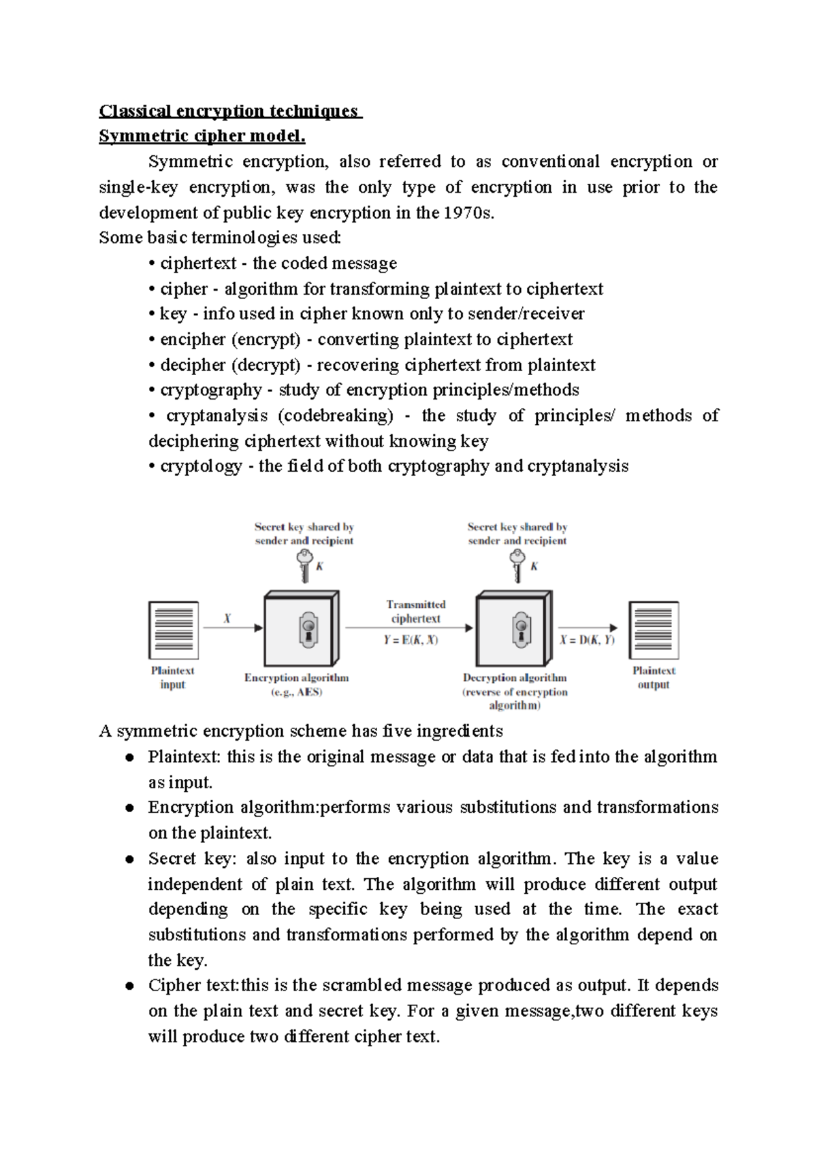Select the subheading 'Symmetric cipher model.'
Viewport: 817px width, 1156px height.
pos(202,136)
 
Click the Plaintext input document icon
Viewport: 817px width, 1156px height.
pos(174,630)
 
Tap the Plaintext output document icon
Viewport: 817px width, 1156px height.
pos(654,630)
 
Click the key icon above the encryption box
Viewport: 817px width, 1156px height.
pos(304,565)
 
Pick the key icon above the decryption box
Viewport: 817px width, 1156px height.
pos(518,565)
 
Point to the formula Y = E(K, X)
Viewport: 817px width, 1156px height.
pos(411,640)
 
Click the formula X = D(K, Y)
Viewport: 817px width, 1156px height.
pos(588,640)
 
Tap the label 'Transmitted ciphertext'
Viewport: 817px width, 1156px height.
pos(416,611)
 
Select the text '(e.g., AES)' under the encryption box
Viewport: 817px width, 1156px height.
pos(297,692)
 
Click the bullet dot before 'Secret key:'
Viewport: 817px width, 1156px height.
pos(129,860)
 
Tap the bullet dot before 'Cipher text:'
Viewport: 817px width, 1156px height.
pos(129,986)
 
